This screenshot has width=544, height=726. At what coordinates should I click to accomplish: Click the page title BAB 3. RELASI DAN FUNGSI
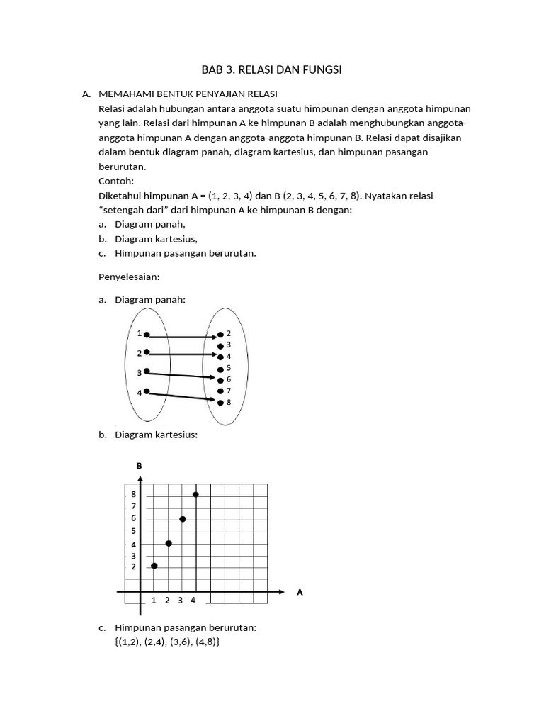tap(272, 69)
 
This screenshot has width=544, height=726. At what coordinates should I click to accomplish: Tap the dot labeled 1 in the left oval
tap(147, 335)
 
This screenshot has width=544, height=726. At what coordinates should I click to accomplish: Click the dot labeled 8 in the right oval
tap(220, 402)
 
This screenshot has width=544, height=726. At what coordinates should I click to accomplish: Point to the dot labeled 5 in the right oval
tap(220, 369)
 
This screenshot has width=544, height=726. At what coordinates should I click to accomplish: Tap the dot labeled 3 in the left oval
tap(147, 371)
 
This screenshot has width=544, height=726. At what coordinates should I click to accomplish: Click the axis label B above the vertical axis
tap(140, 466)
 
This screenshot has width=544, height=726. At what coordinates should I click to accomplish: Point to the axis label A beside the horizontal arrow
tap(300, 592)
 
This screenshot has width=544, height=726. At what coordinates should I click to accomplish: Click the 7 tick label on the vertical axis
tap(133, 506)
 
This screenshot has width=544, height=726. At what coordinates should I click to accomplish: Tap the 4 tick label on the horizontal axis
tap(193, 601)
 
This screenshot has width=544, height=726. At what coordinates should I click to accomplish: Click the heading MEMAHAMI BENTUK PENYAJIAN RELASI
tap(188, 94)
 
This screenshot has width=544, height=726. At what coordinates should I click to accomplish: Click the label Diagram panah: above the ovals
tap(149, 300)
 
